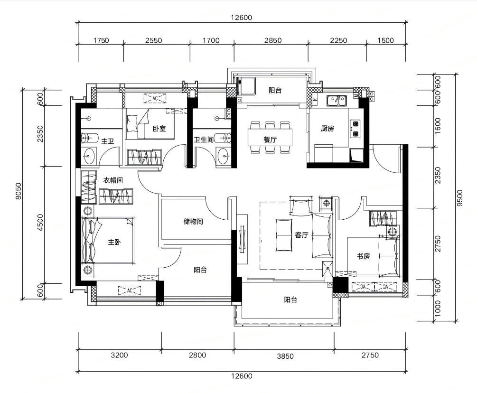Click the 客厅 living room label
301,235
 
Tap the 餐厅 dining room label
270,140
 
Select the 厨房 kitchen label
327,128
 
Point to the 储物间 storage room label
193,221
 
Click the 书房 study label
363,256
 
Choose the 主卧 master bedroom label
114,242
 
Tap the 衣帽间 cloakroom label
113,180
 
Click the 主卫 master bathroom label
107,141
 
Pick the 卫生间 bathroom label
204,140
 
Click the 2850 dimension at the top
273,40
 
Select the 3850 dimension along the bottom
285,356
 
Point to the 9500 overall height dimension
459,198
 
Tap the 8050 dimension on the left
18,191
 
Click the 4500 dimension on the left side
40,223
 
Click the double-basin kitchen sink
337,101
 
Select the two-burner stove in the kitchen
355,129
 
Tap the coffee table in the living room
283,235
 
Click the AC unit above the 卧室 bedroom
155,98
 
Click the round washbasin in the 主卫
89,157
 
